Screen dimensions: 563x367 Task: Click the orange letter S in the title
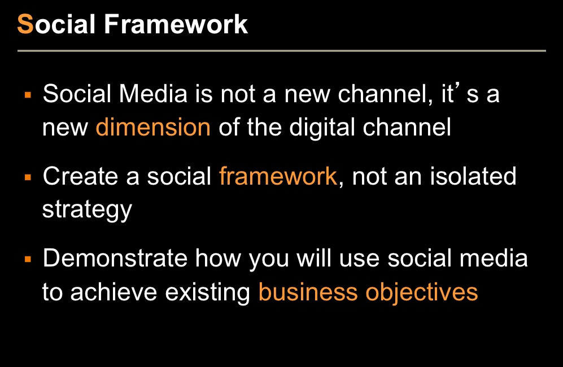point(25,24)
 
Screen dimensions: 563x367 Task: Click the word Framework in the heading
point(176,24)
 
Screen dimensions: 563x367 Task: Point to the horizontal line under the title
point(281,51)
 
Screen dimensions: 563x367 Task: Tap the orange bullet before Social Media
point(28,95)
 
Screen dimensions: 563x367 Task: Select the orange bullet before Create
point(28,177)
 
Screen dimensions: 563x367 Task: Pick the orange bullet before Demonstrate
point(28,259)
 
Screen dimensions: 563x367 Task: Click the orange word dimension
point(153,127)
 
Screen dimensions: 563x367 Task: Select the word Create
point(80,176)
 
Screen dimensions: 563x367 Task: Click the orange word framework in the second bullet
point(278,176)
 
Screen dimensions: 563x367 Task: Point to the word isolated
point(473,176)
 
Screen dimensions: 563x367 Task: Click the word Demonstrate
point(115,258)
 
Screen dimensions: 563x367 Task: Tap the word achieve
point(114,291)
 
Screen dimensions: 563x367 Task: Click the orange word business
point(308,291)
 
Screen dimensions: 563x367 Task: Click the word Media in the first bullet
point(153,94)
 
